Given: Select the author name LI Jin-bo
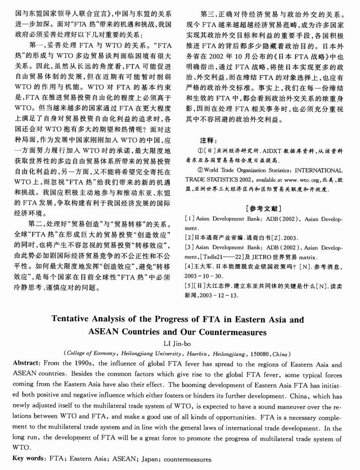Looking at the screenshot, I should (x=180, y=343).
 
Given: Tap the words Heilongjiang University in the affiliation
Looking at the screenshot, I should (x=143, y=353).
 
